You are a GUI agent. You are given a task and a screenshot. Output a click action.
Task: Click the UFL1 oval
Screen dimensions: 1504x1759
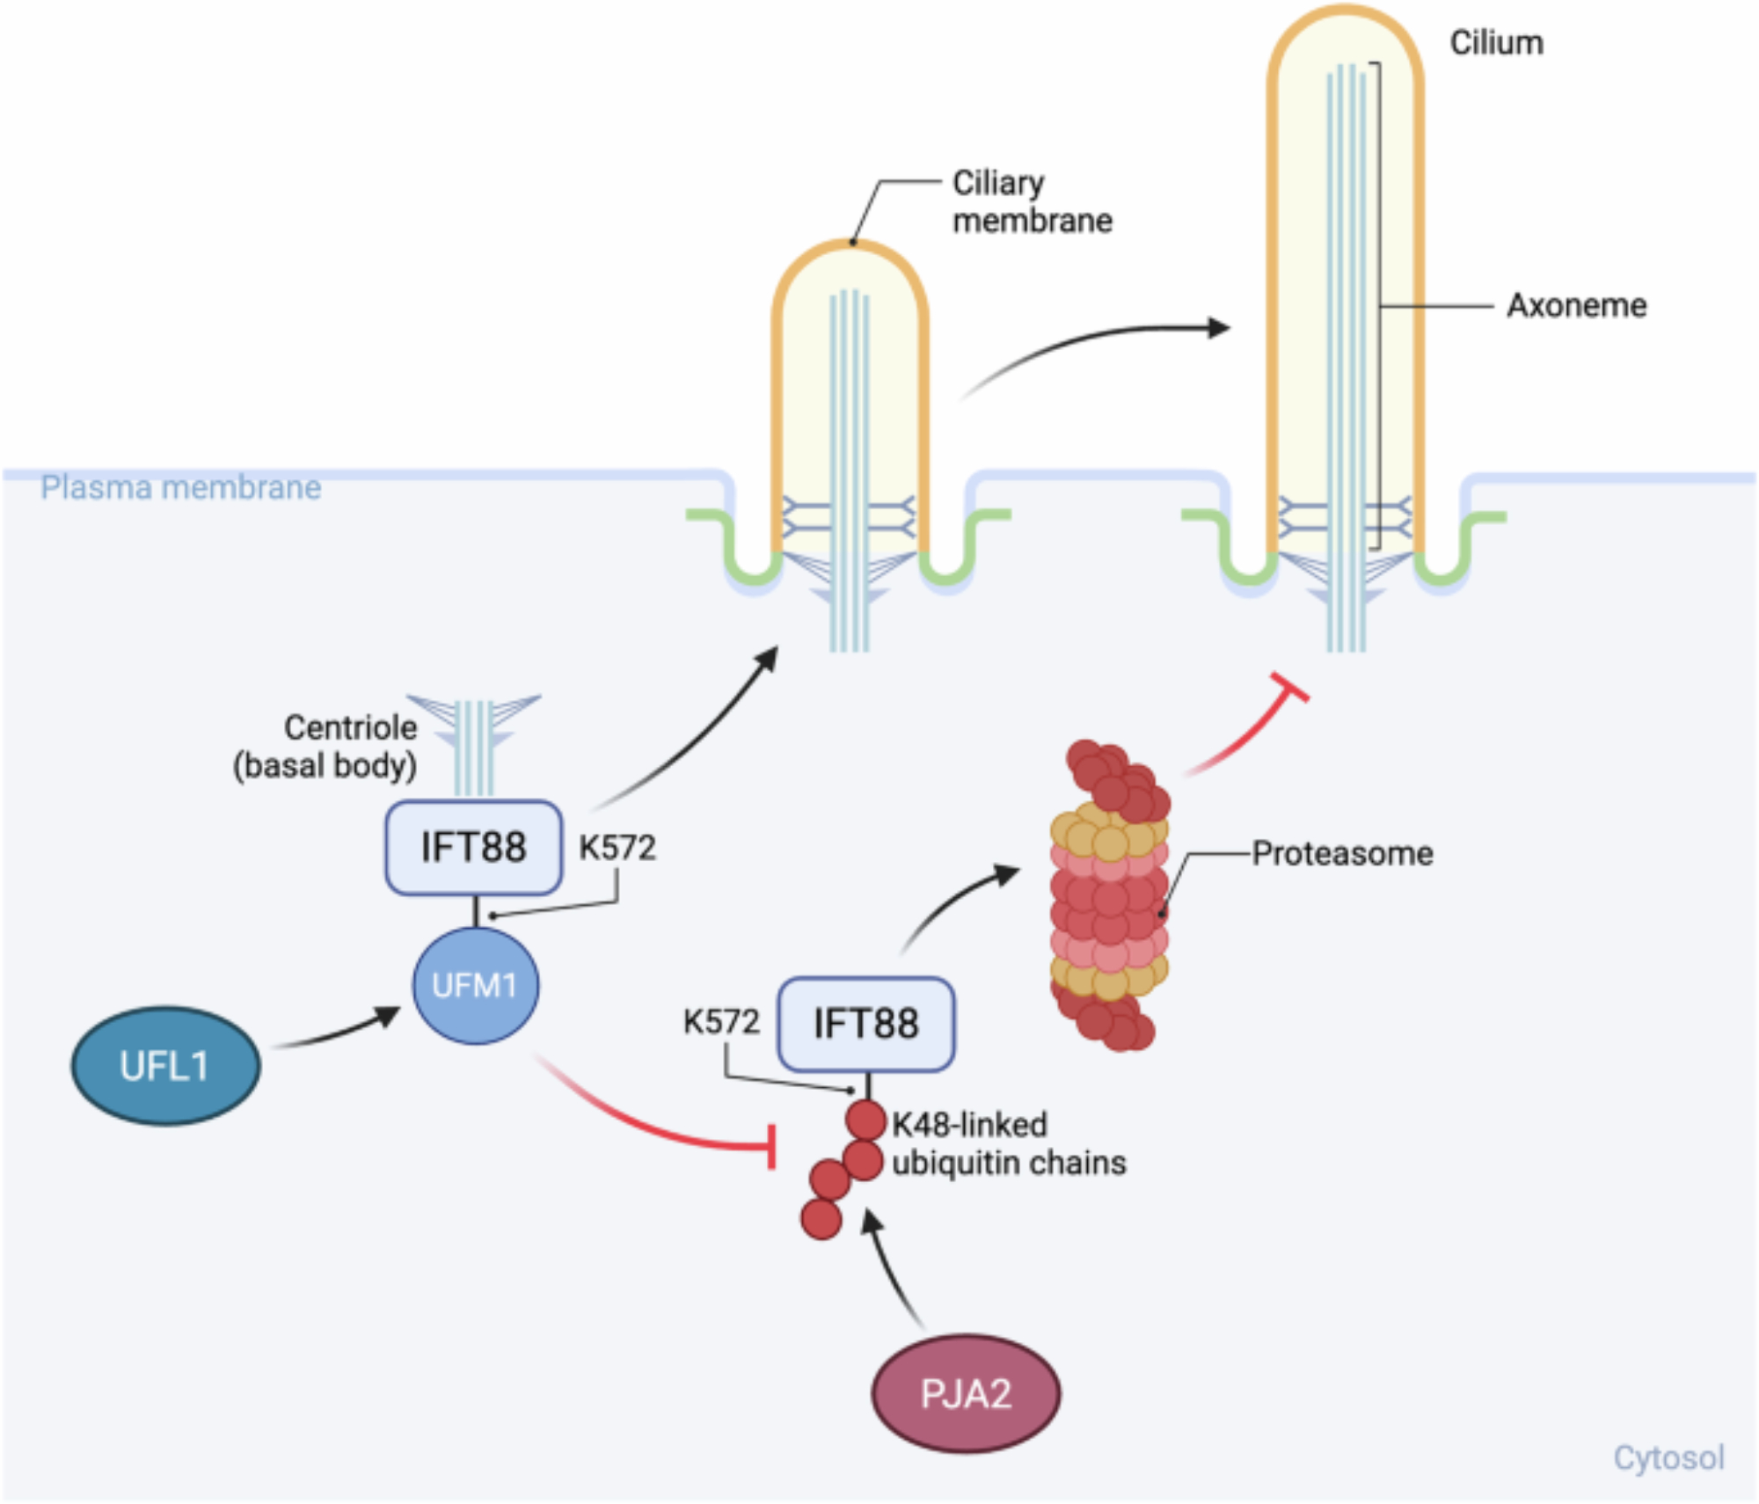(165, 1065)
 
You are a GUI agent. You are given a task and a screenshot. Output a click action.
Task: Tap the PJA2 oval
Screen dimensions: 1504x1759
(965, 1393)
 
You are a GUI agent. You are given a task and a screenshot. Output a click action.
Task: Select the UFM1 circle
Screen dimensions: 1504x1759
(475, 985)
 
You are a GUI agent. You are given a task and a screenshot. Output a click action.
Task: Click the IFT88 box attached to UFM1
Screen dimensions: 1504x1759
(473, 847)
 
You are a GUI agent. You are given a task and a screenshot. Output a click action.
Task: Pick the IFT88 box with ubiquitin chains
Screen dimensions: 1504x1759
(866, 1024)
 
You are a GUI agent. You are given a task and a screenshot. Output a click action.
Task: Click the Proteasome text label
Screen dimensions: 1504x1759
(1342, 853)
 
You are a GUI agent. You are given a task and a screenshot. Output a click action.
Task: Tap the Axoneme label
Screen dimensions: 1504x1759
(1576, 305)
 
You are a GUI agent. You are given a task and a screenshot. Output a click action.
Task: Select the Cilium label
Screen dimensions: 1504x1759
(1496, 42)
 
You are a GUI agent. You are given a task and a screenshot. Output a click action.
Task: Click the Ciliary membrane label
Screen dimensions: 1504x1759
(1032, 201)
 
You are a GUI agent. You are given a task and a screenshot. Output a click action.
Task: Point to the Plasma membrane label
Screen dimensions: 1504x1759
(180, 487)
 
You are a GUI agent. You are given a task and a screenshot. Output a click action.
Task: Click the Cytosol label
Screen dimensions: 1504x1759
(1668, 1457)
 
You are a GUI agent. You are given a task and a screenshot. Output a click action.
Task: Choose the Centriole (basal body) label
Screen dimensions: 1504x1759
(325, 746)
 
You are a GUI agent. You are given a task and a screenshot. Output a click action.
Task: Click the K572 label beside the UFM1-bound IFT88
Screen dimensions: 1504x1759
(617, 847)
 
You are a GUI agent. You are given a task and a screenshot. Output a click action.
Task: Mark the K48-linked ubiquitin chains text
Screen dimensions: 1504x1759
(1008, 1143)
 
